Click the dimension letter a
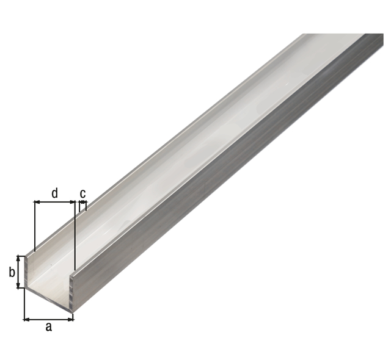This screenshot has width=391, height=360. [49, 327]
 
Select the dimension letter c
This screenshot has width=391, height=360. [83, 193]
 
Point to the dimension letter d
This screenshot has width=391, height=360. [54, 193]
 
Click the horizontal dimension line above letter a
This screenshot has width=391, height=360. [49, 319]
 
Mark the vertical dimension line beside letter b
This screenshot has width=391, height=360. [18, 272]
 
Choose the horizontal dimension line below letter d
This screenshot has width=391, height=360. [54, 202]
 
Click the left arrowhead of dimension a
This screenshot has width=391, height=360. [26, 319]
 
